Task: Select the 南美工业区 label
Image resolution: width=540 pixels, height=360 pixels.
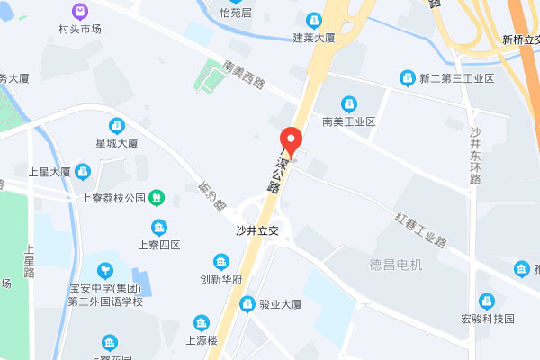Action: coord(347,121)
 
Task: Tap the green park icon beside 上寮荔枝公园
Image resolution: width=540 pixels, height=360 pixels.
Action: coord(157,197)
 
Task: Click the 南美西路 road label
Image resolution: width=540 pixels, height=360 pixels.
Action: coord(245,75)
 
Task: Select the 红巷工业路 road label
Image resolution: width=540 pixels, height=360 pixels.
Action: coord(422,230)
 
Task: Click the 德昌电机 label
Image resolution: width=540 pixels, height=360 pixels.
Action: coord(396,265)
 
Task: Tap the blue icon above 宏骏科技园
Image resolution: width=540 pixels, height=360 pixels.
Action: coord(488,301)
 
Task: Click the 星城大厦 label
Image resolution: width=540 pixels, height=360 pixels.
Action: coord(116,143)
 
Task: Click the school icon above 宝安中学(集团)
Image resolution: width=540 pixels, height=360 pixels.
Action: coord(105,269)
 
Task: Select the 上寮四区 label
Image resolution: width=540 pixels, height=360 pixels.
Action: coord(159,245)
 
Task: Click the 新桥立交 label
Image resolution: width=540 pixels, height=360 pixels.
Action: coord(520,40)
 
